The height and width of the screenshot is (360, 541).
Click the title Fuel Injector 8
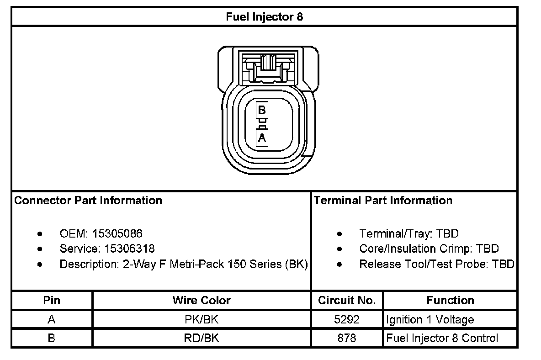(264, 17)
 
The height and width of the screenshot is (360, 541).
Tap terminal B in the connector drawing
(262, 110)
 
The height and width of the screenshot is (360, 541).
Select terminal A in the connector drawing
(262, 137)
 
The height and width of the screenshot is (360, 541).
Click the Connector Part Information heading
(88, 201)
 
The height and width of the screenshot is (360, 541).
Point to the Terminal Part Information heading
(383, 201)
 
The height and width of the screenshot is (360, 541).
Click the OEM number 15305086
(117, 234)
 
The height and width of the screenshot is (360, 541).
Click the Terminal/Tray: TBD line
(408, 234)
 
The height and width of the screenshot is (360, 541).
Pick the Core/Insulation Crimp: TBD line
(429, 249)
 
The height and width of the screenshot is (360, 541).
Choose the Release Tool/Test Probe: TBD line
(436, 265)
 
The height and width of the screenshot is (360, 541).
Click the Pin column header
(52, 301)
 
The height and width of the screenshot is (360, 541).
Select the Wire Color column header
(202, 301)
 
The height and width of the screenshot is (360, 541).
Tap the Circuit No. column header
(347, 301)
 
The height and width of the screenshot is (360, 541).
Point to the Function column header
(450, 301)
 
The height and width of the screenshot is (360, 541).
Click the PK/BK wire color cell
(202, 320)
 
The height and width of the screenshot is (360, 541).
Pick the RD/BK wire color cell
(202, 339)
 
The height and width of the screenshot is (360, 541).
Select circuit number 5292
(347, 320)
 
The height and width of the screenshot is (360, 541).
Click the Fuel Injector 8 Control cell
(442, 339)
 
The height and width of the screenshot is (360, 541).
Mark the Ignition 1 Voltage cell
(430, 320)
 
